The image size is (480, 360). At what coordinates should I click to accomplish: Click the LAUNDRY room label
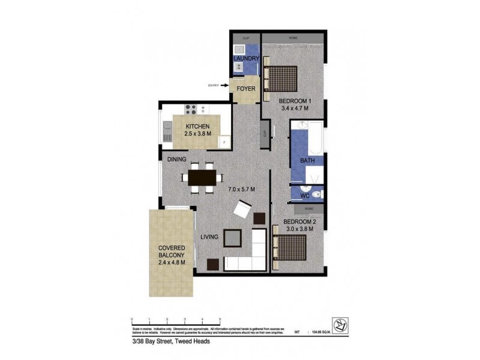click(246, 58)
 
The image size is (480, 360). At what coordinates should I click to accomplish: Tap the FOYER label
click(246, 89)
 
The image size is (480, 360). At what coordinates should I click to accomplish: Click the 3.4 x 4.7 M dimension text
click(294, 109)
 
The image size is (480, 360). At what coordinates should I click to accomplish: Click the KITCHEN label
click(197, 126)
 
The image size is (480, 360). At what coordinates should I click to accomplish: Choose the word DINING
click(177, 159)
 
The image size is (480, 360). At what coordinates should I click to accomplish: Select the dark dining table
click(202, 177)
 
